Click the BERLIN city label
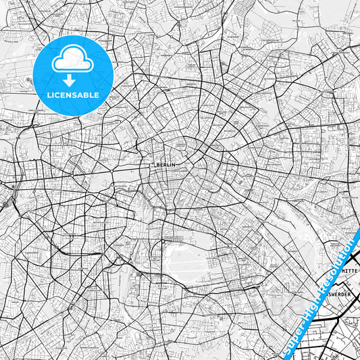coord(165,164)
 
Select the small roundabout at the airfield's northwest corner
coord(164,239)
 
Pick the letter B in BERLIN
coord(157,164)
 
